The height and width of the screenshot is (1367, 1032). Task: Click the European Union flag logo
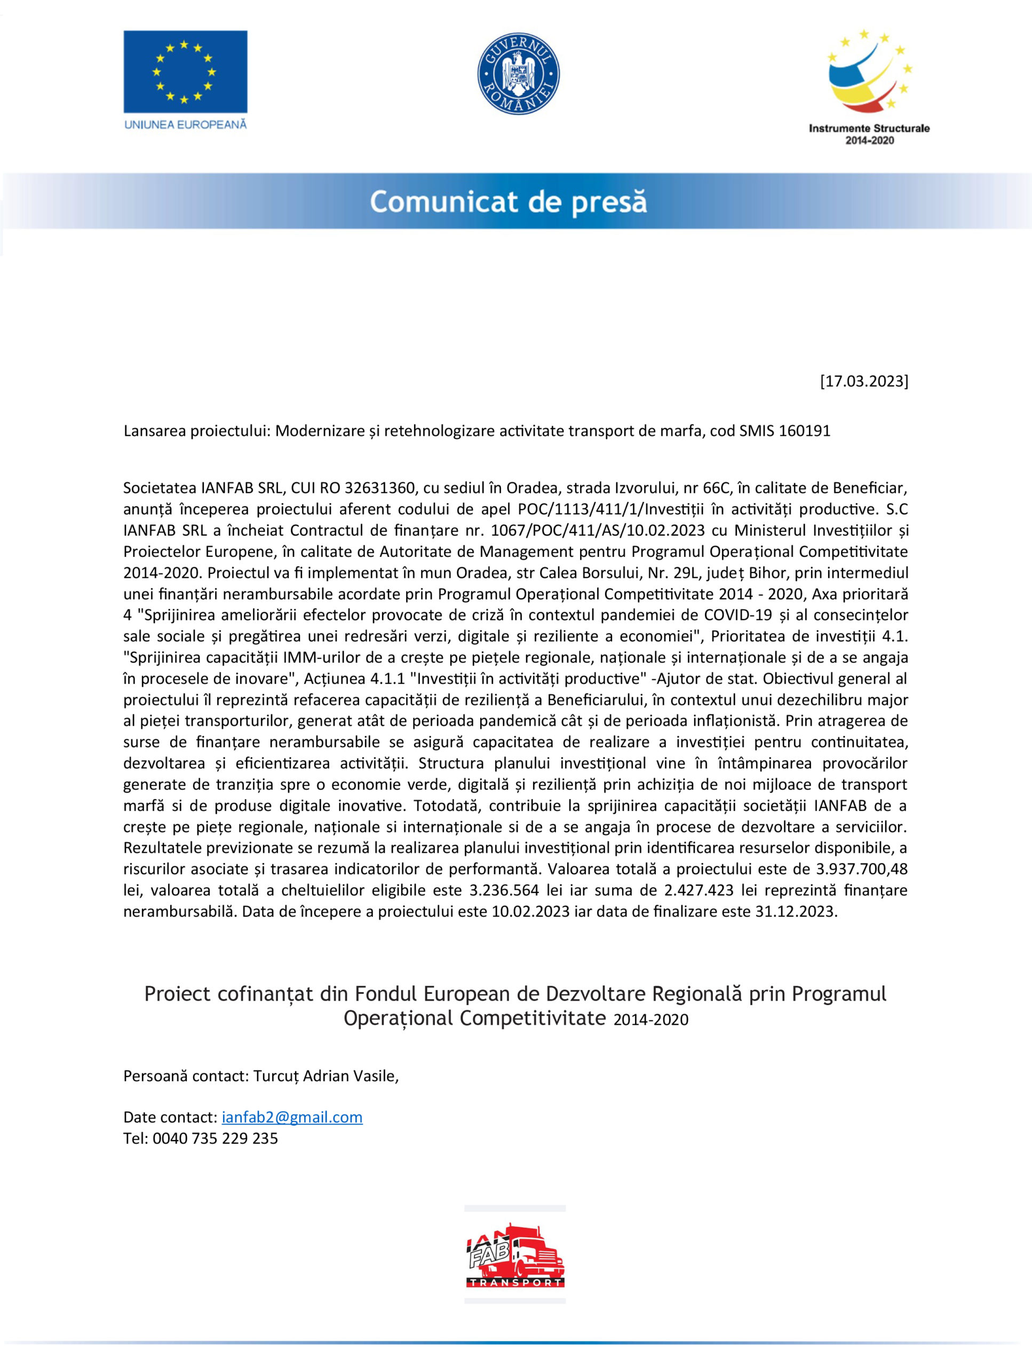185,72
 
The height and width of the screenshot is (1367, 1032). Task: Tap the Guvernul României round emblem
518,74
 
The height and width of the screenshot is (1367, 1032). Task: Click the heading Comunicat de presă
509,202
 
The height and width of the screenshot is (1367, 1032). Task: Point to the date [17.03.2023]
863,381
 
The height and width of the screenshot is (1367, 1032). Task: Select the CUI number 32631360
379,488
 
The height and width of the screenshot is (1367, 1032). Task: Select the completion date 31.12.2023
796,912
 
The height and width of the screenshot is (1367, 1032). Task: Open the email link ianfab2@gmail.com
291,1117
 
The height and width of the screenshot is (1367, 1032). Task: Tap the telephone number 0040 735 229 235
215,1138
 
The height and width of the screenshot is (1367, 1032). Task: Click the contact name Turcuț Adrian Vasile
325,1076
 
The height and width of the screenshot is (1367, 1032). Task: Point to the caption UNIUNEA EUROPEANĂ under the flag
185,124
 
